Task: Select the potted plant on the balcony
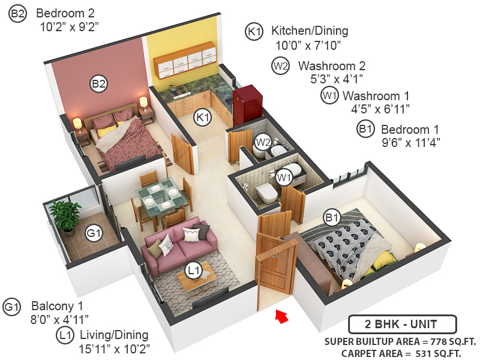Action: [65, 216]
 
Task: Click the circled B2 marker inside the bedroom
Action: [98, 84]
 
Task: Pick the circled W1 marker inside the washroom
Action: [284, 177]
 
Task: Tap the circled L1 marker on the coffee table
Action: [193, 271]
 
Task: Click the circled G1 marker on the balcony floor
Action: [94, 233]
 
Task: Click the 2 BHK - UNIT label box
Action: [402, 325]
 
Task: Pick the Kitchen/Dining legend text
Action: [310, 31]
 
